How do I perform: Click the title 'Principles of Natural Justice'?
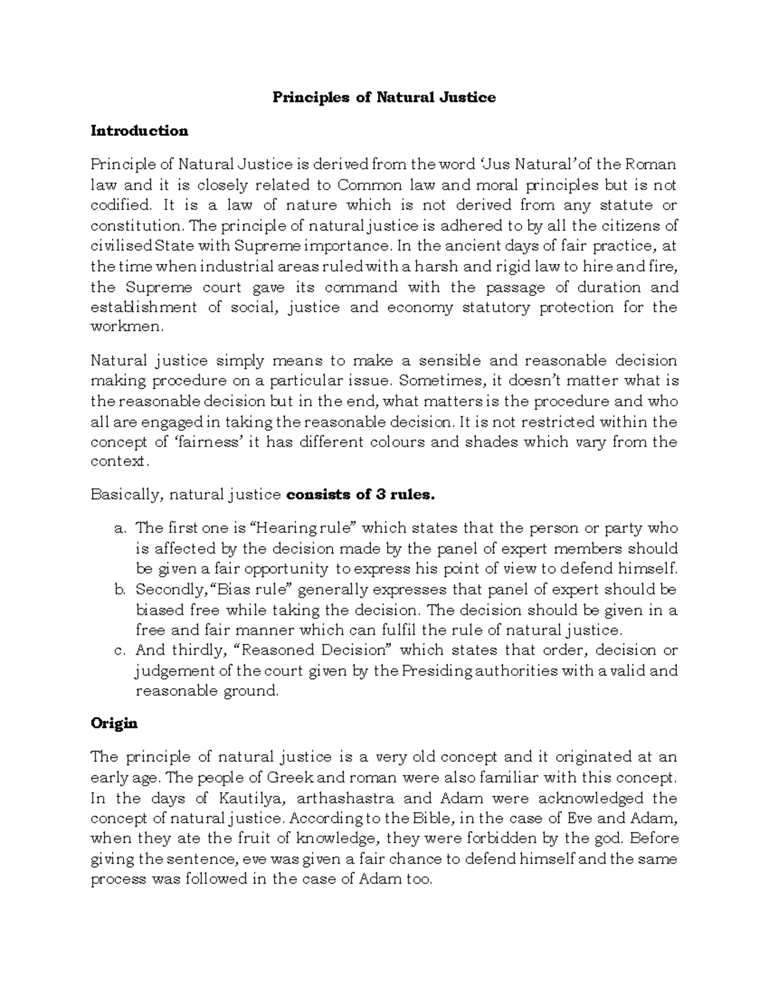[x=384, y=97]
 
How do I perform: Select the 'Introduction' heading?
[x=139, y=131]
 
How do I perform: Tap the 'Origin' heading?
[x=114, y=723]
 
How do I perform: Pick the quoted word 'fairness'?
[x=207, y=442]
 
